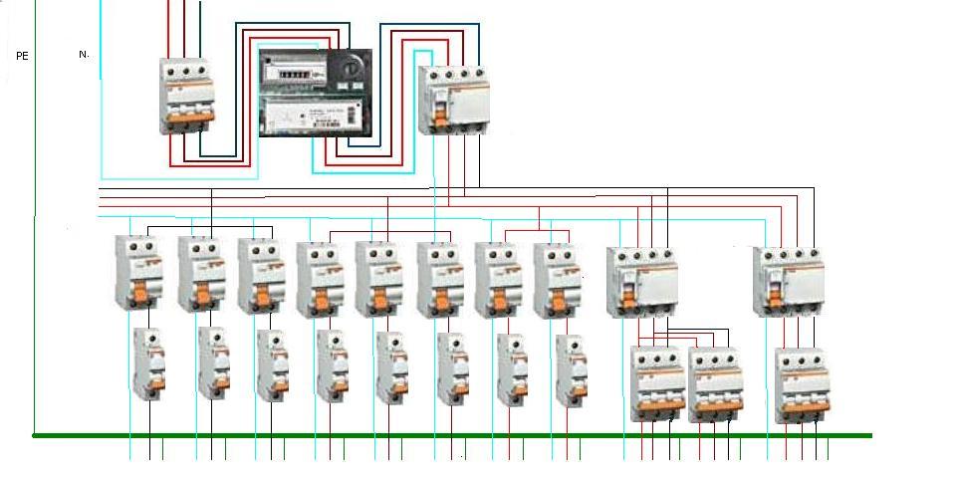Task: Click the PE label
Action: pos(22,56)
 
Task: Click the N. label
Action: pos(84,54)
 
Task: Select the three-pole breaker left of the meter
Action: pos(188,96)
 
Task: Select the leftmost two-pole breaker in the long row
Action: pos(138,274)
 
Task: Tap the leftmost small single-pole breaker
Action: pos(149,363)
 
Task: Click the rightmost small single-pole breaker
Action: pos(570,368)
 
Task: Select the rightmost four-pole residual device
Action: pos(789,282)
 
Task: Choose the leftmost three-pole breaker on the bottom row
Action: pos(656,383)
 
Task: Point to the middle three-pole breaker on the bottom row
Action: pos(714,383)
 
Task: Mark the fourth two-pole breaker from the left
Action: pos(319,280)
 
